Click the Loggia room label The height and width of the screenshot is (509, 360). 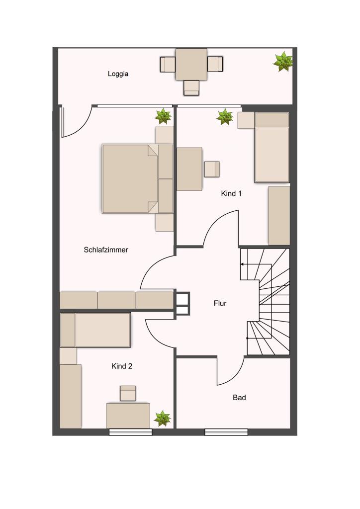coord(118,74)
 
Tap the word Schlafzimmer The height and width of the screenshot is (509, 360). coord(106,250)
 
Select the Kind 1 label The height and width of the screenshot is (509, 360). coord(231,193)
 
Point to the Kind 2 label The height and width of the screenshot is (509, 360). coord(122,366)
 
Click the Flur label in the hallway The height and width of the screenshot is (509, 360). coord(220,303)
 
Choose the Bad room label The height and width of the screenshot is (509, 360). coord(239,397)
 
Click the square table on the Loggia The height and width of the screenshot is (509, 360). coord(191,64)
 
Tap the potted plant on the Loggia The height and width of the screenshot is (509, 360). coord(283,61)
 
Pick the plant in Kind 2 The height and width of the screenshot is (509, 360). coord(162,418)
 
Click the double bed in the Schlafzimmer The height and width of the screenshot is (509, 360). coord(138,178)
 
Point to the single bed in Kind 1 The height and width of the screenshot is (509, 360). coord(272,147)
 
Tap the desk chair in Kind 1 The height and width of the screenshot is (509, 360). coord(212,169)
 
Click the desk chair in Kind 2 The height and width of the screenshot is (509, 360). coord(128,393)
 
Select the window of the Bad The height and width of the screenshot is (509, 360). coord(226,432)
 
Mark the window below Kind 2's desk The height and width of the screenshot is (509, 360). coord(130,432)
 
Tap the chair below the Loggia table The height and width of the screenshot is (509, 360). coord(191,87)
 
